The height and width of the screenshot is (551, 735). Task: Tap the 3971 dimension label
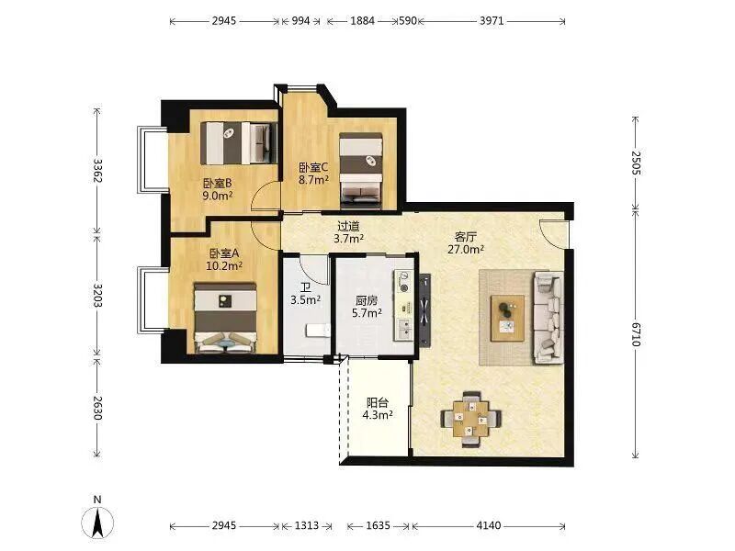click(x=492, y=20)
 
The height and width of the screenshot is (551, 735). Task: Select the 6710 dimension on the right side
click(x=636, y=334)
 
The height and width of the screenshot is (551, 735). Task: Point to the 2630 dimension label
click(x=97, y=408)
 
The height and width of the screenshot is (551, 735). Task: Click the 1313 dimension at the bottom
click(x=307, y=525)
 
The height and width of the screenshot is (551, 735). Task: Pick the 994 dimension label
click(x=300, y=20)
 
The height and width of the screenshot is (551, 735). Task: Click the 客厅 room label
click(x=466, y=237)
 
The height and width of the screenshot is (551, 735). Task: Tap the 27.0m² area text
click(x=466, y=249)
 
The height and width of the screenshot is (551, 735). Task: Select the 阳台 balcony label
click(x=378, y=402)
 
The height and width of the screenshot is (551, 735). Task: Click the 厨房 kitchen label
click(x=366, y=300)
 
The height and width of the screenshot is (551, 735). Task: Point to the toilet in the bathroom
click(x=318, y=331)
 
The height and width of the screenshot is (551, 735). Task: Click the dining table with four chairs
click(x=470, y=419)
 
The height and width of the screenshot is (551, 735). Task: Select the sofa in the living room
click(x=548, y=318)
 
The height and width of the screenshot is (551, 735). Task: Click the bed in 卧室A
click(x=225, y=317)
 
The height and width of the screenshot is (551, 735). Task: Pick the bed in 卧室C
click(x=360, y=171)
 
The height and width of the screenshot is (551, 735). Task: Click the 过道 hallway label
click(x=348, y=226)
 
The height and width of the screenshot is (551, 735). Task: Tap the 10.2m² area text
click(x=224, y=266)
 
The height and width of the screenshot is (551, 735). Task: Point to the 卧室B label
click(x=217, y=183)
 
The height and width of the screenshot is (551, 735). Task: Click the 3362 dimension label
click(x=97, y=171)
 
